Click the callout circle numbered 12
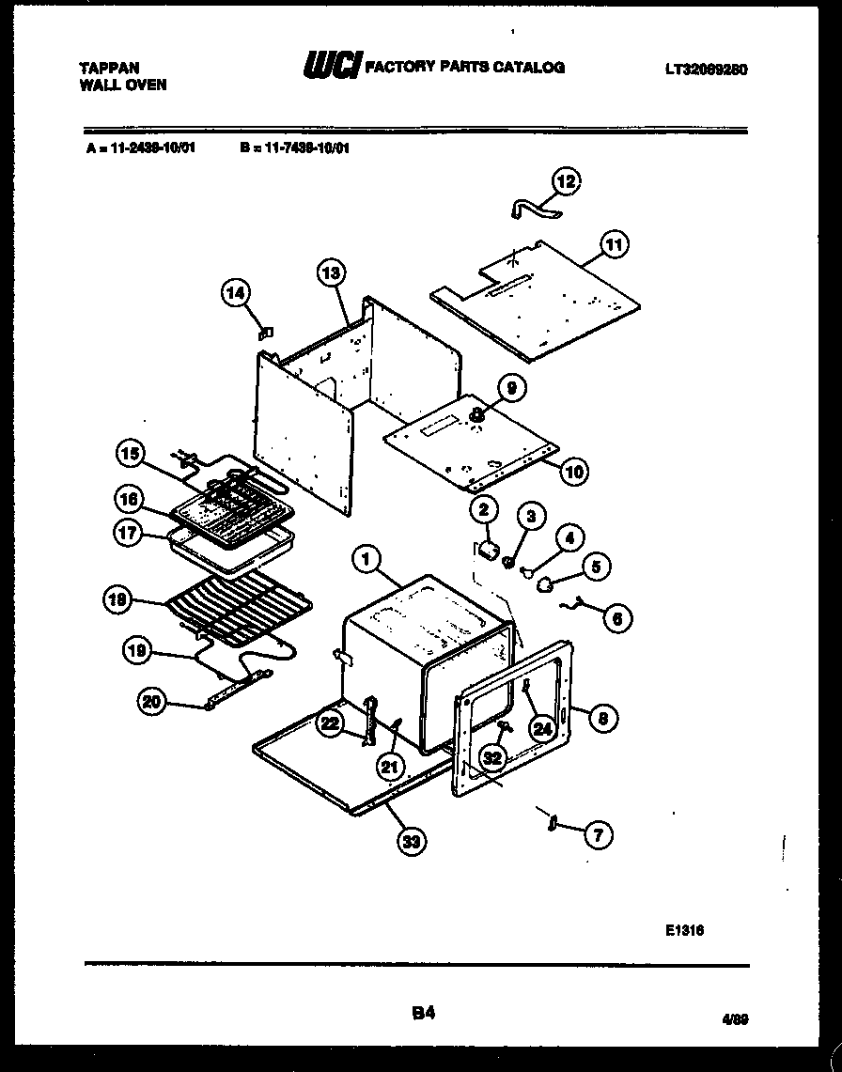(567, 180)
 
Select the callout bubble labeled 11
(613, 246)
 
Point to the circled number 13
(329, 272)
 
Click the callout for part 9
(511, 387)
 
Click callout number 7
(597, 832)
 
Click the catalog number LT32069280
(705, 70)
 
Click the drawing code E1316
(685, 928)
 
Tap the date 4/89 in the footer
(735, 1018)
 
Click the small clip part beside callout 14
(265, 331)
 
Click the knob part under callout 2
(488, 549)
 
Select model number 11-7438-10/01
(295, 148)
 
